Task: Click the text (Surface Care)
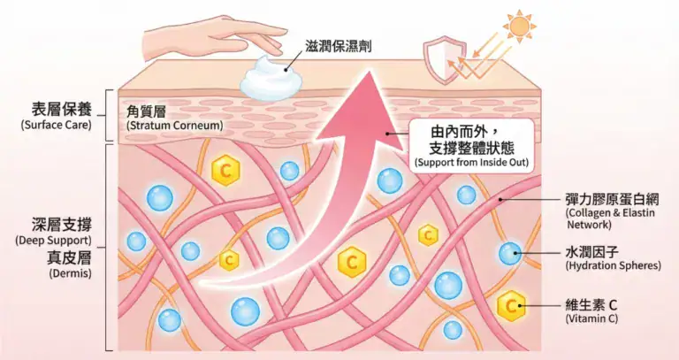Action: point(55,126)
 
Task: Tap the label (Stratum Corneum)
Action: point(174,126)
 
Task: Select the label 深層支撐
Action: point(56,224)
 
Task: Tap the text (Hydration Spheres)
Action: point(613,265)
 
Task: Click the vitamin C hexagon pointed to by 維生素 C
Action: point(510,306)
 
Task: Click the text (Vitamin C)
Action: point(591,318)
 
